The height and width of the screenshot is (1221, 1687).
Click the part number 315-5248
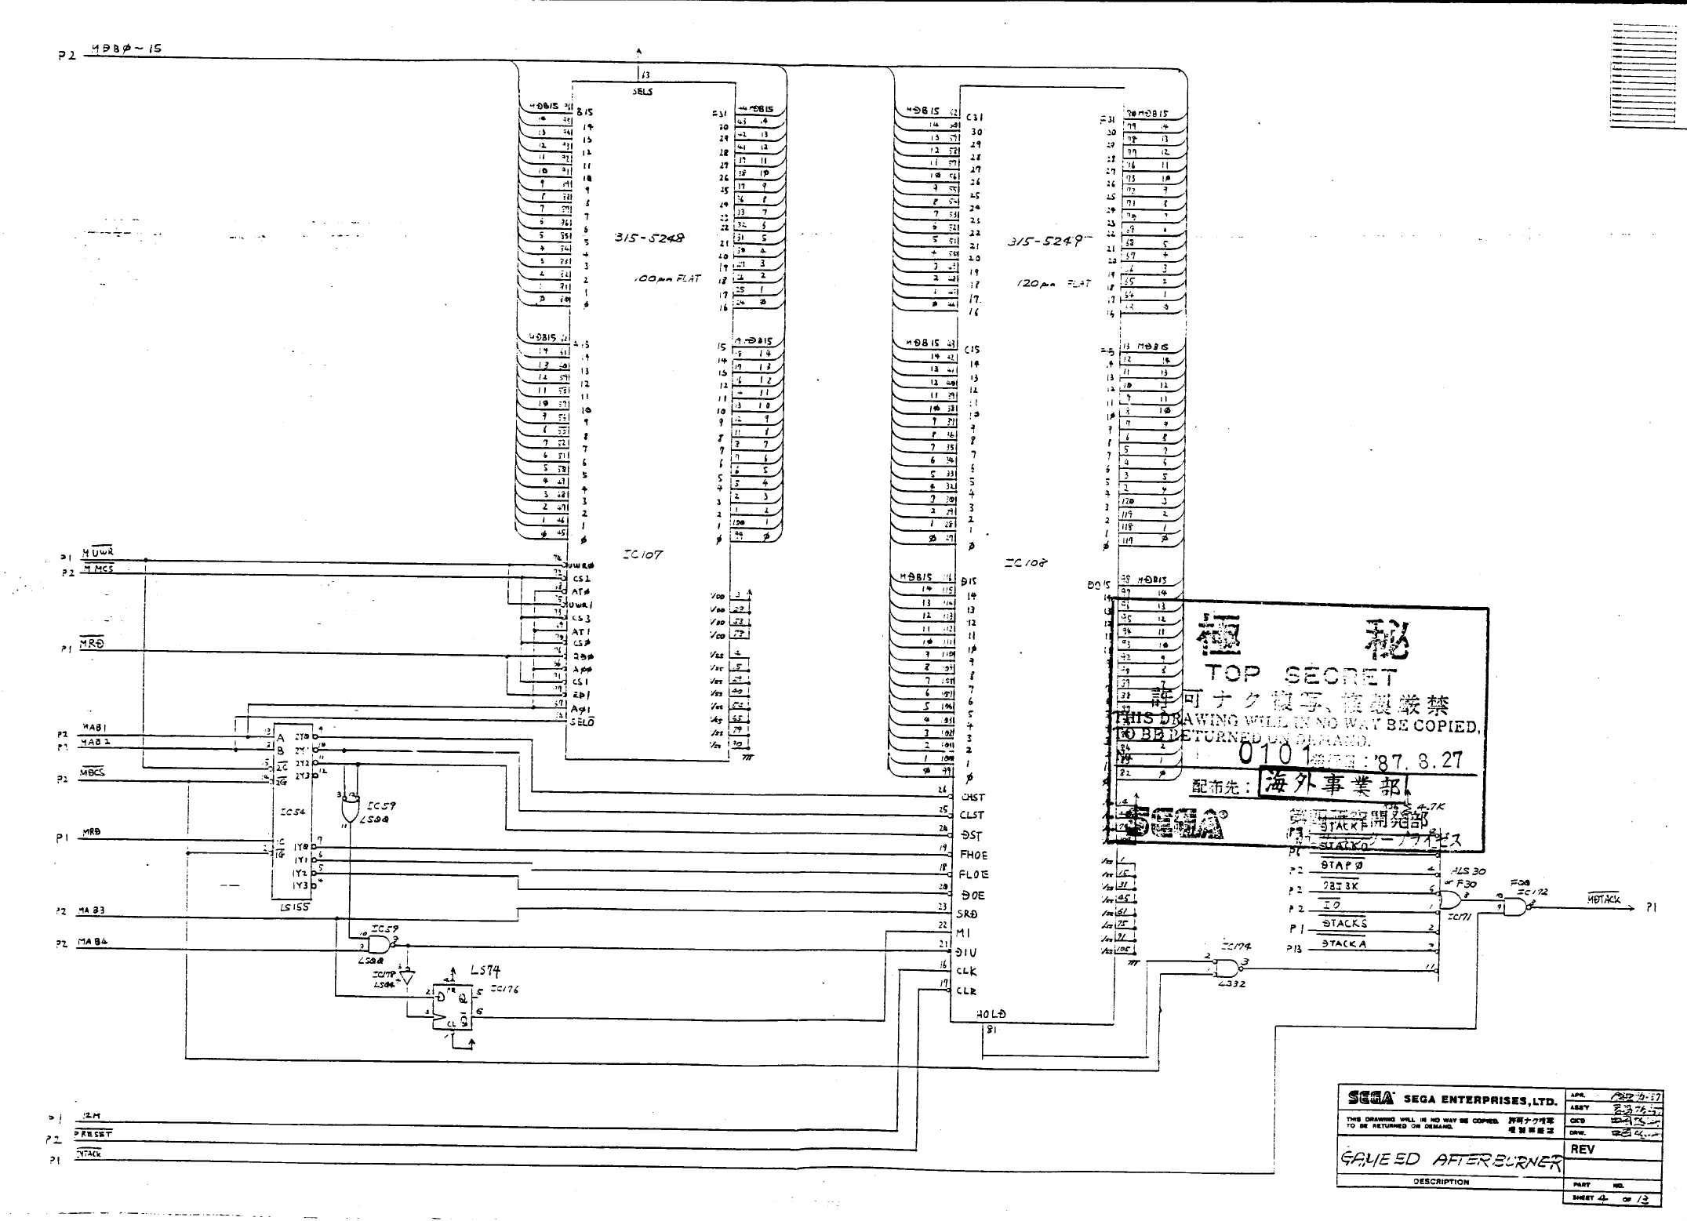click(x=649, y=238)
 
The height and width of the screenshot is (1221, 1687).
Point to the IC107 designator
click(x=642, y=555)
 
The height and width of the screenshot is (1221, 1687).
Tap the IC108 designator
click(x=1025, y=563)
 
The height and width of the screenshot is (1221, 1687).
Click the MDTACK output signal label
click(x=1603, y=899)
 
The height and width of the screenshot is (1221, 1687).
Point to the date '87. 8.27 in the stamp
click(x=1419, y=760)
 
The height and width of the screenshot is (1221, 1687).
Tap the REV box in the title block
click(x=1583, y=1149)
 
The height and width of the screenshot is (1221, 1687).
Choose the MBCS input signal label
click(x=93, y=772)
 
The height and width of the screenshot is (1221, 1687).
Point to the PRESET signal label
click(x=94, y=1133)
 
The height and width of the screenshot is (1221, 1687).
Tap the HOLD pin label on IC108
click(x=991, y=1013)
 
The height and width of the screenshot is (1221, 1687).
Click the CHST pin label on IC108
click(x=973, y=797)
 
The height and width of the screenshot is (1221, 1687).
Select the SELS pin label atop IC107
click(x=642, y=92)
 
